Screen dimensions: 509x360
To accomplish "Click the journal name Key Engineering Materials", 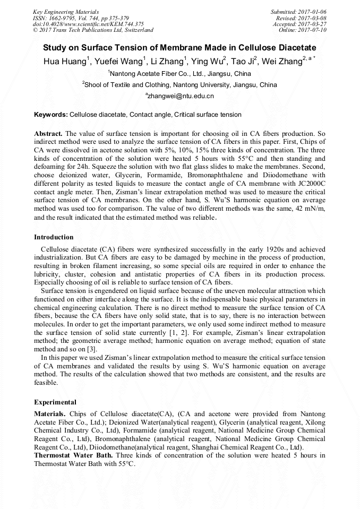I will [x=65, y=11].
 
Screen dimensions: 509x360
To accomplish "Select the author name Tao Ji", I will [x=242, y=62].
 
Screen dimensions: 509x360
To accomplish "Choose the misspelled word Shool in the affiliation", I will [x=93, y=84].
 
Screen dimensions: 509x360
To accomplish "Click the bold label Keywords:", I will [x=51, y=115].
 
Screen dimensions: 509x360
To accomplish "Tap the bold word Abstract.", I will [x=49, y=133].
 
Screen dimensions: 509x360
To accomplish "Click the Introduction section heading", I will [x=54, y=237].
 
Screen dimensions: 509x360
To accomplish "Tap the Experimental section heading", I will [x=55, y=402].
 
